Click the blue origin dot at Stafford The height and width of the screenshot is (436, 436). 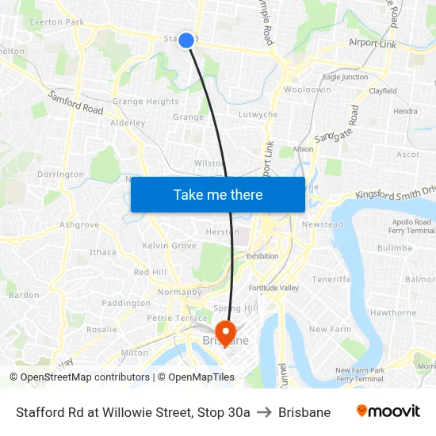[x=186, y=40]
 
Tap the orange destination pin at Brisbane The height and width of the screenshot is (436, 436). [x=225, y=332]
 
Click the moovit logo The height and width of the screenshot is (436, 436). [x=388, y=411]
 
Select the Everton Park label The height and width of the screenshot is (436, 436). [x=56, y=22]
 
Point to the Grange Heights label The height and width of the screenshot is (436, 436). [x=145, y=101]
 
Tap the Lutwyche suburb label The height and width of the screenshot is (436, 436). [x=258, y=115]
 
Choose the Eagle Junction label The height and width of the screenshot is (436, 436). [x=345, y=77]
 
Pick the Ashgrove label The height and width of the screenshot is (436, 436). [x=79, y=225]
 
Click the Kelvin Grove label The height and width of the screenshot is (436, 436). [x=170, y=246]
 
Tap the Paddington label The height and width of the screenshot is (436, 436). [x=126, y=303]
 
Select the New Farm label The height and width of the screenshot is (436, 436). [x=330, y=329]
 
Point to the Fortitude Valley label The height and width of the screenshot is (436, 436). [x=273, y=288]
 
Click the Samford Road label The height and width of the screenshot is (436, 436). [x=76, y=104]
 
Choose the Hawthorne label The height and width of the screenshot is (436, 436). [x=393, y=312]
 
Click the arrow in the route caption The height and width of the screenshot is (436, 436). [x=264, y=412]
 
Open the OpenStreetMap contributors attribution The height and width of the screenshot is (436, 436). [x=80, y=377]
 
